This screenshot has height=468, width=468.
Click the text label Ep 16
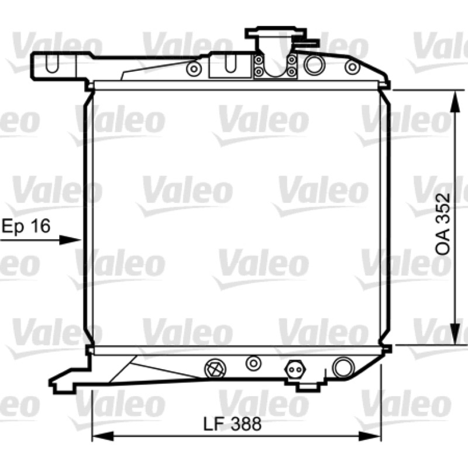click(x=26, y=226)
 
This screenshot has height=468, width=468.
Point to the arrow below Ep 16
click(x=40, y=240)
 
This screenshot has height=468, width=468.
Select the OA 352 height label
click(x=442, y=224)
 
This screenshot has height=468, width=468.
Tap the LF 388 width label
click(x=232, y=424)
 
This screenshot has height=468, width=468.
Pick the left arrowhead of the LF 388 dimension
click(x=104, y=436)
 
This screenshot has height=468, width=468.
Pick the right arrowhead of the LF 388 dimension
click(x=370, y=436)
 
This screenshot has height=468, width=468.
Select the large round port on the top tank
click(x=313, y=64)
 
